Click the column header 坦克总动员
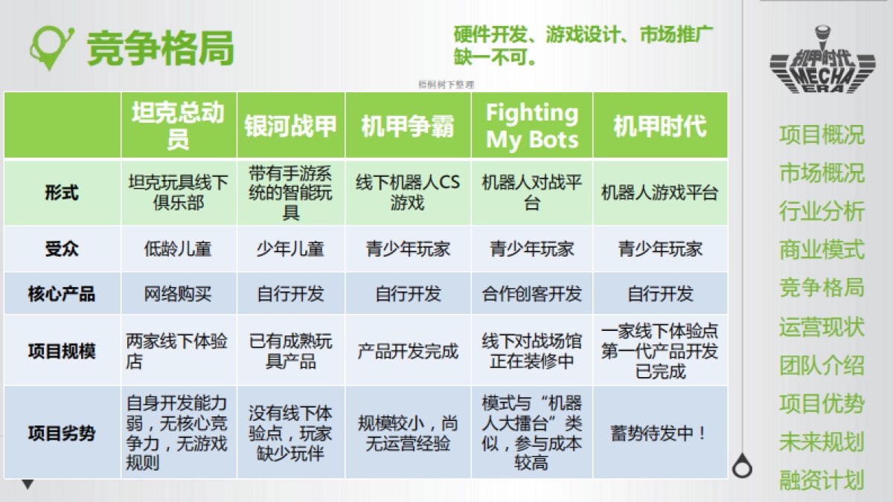pos(178,126)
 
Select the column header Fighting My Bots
pos(531,126)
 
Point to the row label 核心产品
pos(62,294)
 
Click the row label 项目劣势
pos(62,433)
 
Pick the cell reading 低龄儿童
pos(178,249)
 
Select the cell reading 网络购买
pos(178,294)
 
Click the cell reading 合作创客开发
pos(531,294)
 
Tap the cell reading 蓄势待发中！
pos(659,433)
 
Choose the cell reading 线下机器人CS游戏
pos(408,193)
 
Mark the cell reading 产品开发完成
pos(408,351)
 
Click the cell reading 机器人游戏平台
pos(659,193)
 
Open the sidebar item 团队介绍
pos(822,365)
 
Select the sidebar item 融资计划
pos(822,480)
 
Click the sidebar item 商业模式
pos(822,249)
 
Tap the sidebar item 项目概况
pos(822,135)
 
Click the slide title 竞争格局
pos(160,48)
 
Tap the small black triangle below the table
pos(28,485)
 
